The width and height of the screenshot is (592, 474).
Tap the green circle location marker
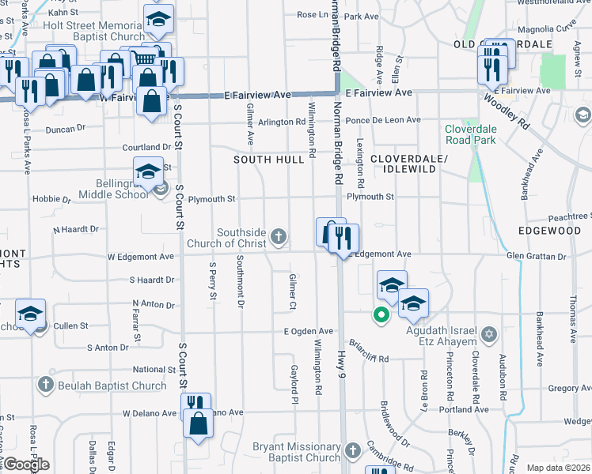[381, 315]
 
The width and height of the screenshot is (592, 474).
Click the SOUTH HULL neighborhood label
[269, 160]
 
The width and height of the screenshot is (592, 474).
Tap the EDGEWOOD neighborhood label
[550, 230]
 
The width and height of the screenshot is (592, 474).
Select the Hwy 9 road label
[342, 363]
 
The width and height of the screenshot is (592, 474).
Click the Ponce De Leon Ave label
[384, 120]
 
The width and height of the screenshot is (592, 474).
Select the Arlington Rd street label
[281, 122]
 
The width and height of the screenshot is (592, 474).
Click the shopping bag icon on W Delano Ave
[198, 423]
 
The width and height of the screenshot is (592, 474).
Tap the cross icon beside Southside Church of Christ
[279, 235]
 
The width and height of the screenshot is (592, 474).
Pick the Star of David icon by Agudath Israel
[489, 335]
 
